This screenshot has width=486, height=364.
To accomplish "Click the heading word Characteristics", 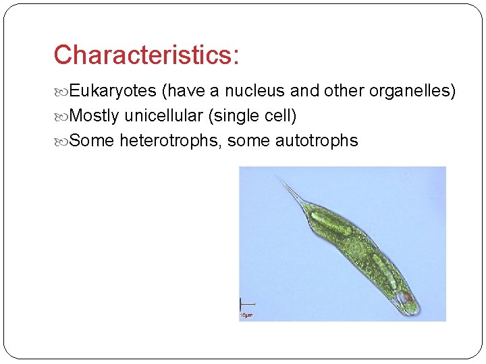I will (x=146, y=55).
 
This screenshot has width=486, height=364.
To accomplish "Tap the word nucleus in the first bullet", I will (x=253, y=91).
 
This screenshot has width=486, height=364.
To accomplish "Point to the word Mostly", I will (x=93, y=116).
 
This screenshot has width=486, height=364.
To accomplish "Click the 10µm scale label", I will (x=246, y=315).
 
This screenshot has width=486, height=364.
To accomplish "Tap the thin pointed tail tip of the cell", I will (x=277, y=177).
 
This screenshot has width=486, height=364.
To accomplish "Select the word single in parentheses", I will (x=232, y=116).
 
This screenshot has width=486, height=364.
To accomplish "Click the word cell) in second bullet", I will (x=279, y=116).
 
